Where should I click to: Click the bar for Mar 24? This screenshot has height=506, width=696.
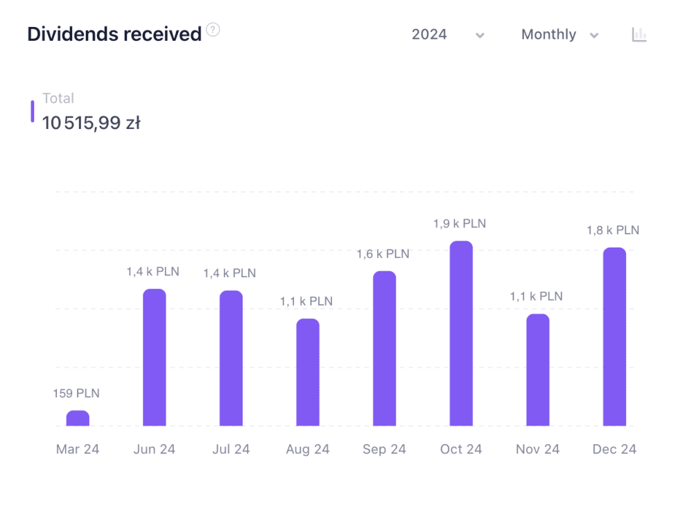78,418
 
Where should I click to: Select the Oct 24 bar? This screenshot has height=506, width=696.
461,333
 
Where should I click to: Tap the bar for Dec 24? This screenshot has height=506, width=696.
614,337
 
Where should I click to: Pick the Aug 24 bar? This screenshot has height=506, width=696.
308,372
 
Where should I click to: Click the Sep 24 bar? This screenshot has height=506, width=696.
384,349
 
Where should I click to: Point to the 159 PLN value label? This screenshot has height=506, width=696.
76,394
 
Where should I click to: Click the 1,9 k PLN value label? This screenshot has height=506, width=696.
460,224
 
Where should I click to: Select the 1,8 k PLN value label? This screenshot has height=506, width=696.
613,230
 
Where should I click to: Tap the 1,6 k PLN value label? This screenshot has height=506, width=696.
383,254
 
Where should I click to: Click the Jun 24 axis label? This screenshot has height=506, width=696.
154,449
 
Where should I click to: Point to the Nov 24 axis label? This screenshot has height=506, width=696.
537,449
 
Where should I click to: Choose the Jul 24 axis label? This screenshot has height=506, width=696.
231,449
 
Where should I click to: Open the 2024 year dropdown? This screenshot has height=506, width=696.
447,35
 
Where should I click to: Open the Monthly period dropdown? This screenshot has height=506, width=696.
559,35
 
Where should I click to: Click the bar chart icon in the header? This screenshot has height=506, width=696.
639,35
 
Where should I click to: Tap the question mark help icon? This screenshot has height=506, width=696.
214,30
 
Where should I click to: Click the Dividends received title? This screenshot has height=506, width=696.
114,34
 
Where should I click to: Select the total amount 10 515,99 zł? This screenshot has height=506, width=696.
92,123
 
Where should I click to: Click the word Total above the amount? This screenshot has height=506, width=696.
58,98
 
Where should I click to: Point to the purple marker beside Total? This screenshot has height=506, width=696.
33,112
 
